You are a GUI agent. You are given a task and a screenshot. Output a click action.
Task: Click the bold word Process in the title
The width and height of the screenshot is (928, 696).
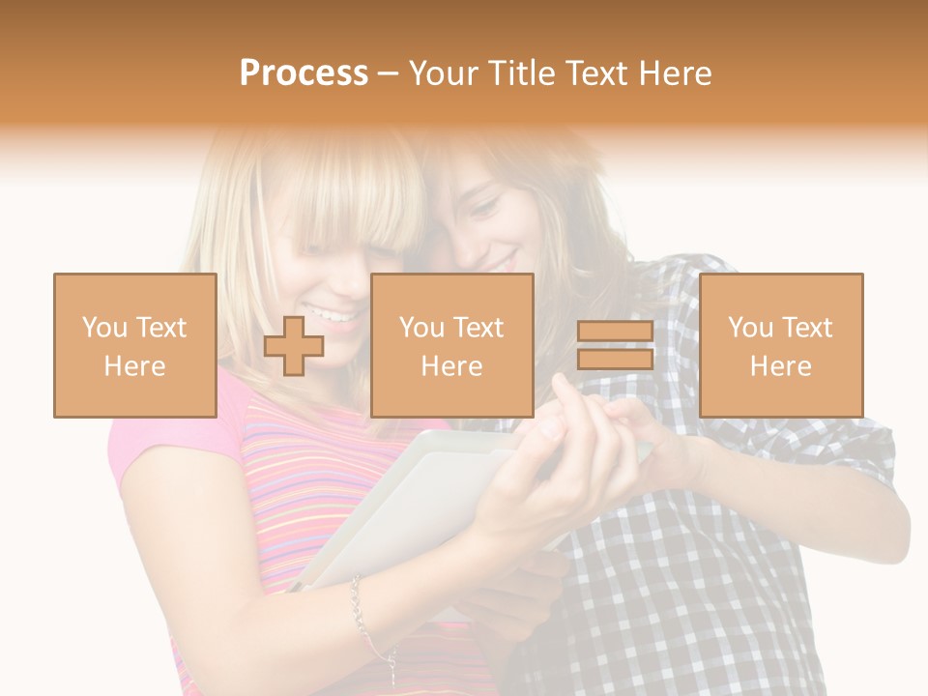click(304, 73)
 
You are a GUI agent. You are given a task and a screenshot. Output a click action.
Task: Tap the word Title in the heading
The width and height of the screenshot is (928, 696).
click(523, 73)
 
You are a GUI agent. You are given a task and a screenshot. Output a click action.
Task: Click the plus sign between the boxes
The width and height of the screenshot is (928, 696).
click(294, 346)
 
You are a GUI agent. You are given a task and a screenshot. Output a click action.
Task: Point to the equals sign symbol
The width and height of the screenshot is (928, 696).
click(615, 346)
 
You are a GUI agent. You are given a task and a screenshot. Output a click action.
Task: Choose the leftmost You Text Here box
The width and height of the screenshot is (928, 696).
click(135, 346)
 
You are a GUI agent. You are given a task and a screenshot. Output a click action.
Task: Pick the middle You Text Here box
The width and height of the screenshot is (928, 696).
click(452, 346)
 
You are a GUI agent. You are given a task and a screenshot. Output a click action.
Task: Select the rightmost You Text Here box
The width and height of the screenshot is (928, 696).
click(781, 346)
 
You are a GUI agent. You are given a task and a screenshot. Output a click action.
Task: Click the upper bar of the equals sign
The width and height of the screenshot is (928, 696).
click(615, 333)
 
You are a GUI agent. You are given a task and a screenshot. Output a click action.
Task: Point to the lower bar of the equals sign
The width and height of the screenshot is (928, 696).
click(615, 360)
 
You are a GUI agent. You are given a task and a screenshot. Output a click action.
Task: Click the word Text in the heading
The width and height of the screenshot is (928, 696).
click(596, 73)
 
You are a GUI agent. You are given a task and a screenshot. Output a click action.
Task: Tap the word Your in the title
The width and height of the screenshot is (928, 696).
click(443, 73)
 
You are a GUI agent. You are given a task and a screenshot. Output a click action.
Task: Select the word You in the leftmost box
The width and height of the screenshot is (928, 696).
click(103, 328)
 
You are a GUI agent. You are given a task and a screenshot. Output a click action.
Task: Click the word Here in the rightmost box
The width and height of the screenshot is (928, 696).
click(781, 365)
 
